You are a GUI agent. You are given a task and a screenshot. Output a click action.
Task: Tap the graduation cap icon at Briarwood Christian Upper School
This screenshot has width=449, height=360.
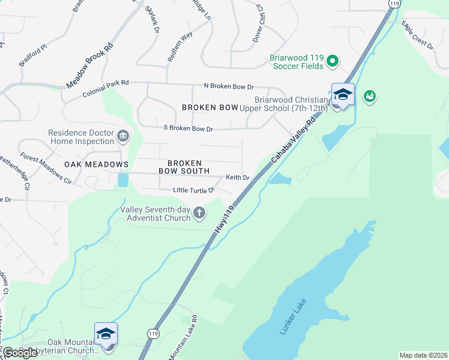[x=343, y=95]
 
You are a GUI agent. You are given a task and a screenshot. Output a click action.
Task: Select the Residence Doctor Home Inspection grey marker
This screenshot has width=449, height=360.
[x=124, y=137]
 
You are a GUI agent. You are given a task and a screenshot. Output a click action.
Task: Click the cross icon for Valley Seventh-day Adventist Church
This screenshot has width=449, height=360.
[x=199, y=212]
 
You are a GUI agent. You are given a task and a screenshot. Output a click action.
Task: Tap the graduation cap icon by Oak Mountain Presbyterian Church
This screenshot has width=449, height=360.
[x=106, y=334]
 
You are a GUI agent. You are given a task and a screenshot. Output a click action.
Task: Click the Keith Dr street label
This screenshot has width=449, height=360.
[x=237, y=178]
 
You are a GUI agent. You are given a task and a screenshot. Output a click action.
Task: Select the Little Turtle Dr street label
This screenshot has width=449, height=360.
[x=193, y=190]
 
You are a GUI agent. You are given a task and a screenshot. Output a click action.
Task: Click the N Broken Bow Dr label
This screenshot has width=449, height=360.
[x=229, y=87]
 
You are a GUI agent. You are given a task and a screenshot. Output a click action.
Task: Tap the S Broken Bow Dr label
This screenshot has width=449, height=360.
[x=188, y=128]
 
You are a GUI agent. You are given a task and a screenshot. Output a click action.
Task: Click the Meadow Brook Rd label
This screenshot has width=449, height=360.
[x=90, y=66]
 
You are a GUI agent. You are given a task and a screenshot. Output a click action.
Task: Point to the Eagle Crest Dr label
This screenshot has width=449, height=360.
[x=417, y=35]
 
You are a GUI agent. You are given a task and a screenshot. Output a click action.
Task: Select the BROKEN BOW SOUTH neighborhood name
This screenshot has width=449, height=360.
[x=184, y=167]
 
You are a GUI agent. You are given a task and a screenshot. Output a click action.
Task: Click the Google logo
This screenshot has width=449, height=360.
[x=20, y=353]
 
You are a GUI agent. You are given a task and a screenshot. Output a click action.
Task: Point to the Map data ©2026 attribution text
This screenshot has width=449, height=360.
[x=423, y=355]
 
